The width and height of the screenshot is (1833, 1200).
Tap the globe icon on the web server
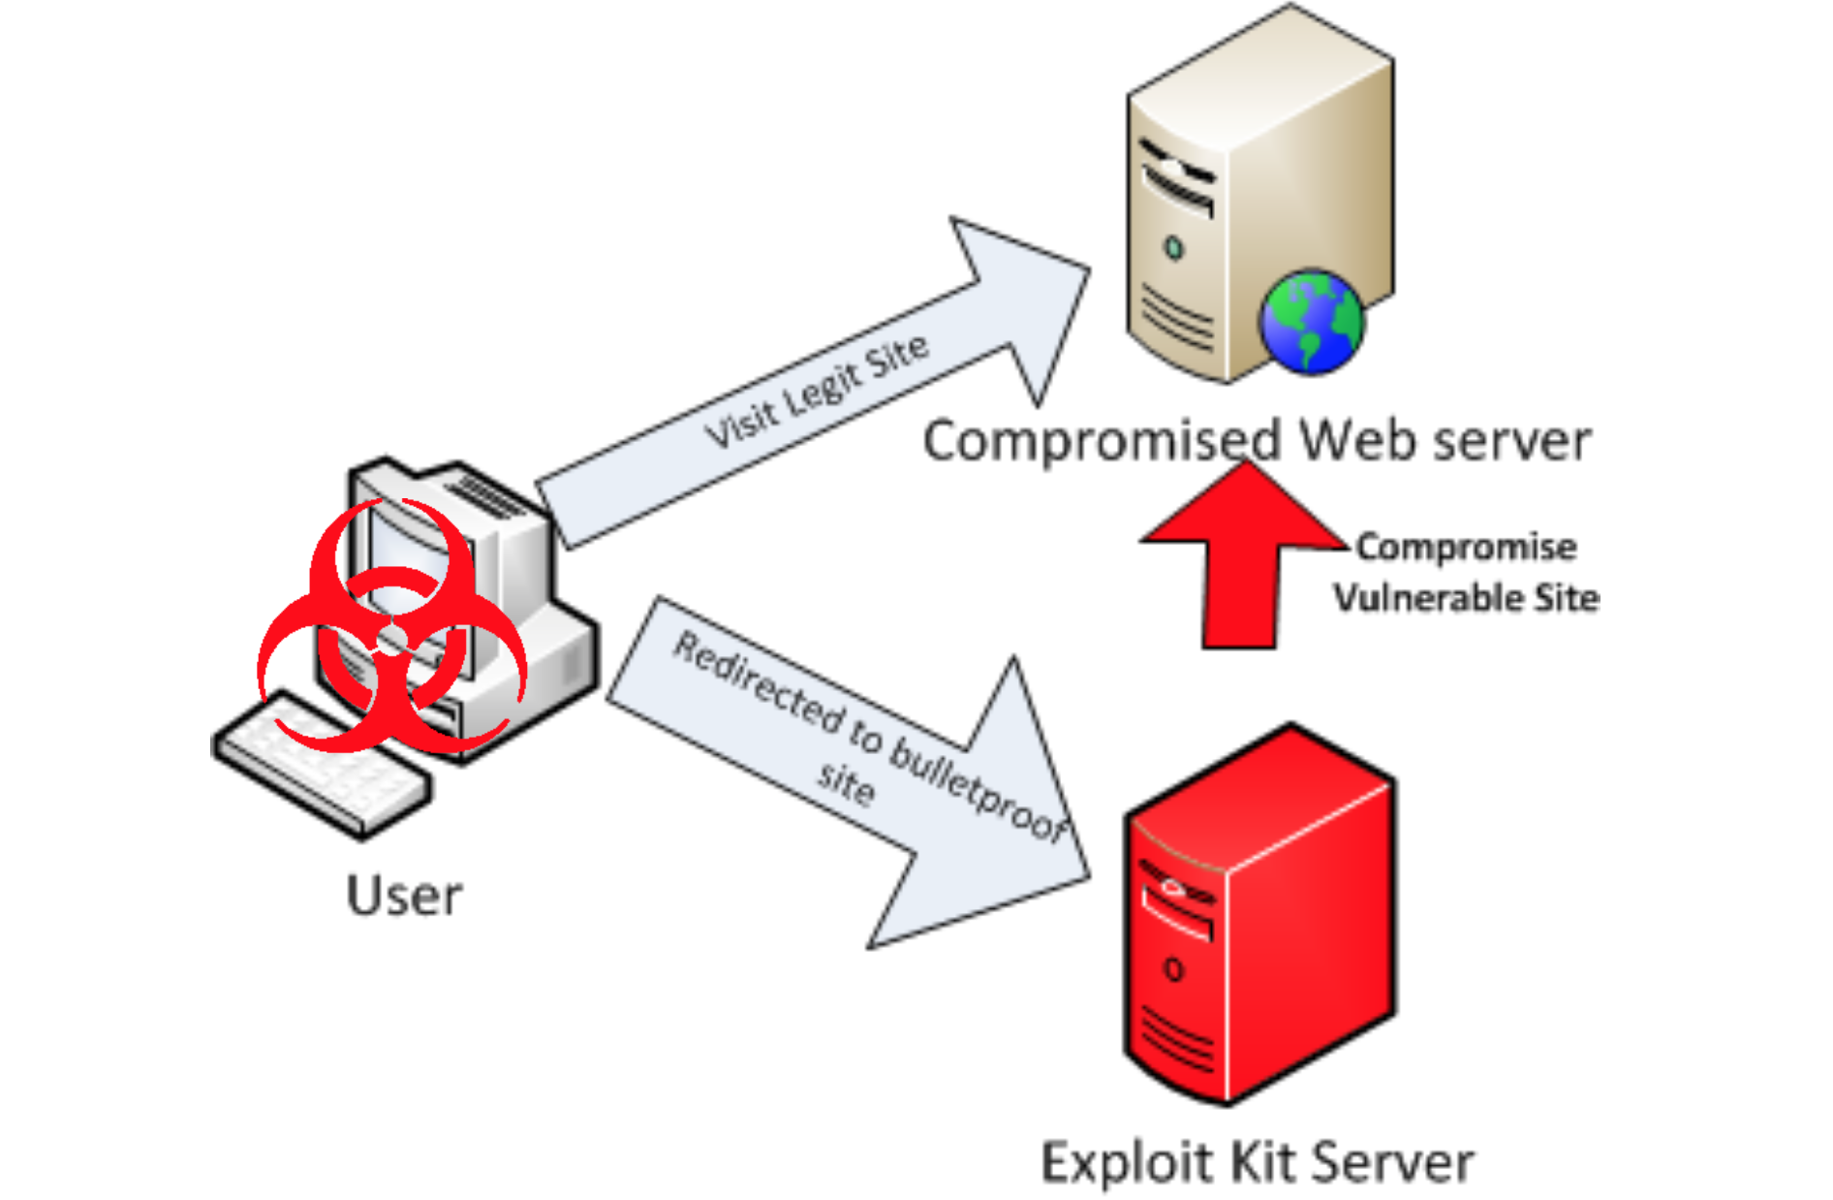[1311, 323]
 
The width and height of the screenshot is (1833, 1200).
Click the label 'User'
[404, 896]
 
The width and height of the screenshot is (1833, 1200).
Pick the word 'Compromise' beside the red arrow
[1466, 548]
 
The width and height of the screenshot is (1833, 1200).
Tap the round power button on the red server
[1173, 969]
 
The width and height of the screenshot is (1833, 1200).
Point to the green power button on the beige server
[1174, 248]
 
